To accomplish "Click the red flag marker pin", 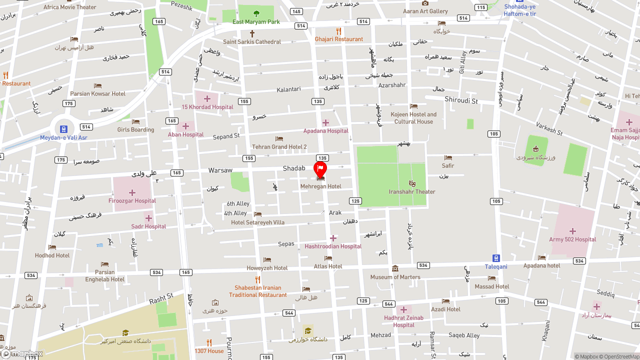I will pyautogui.click(x=320, y=169).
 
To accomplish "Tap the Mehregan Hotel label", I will pyautogui.click(x=320, y=186).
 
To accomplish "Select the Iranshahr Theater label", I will pyautogui.click(x=412, y=192).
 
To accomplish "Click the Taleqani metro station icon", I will pyautogui.click(x=496, y=258).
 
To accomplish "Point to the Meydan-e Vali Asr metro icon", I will pyautogui.click(x=63, y=129).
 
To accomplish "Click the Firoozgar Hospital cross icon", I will pyautogui.click(x=132, y=192).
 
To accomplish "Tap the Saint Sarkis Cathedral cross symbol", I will pyautogui.click(x=252, y=33).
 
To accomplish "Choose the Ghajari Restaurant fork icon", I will pyautogui.click(x=338, y=31).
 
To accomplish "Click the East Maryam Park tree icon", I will pyautogui.click(x=256, y=13).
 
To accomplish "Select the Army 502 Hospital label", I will pyautogui.click(x=572, y=239).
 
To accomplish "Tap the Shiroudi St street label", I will pyautogui.click(x=461, y=101).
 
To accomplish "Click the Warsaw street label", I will pyautogui.click(x=220, y=170).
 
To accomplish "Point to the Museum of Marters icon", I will pyautogui.click(x=395, y=268).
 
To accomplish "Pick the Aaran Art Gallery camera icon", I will pyautogui.click(x=425, y=3).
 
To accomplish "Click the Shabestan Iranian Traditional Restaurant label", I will pyautogui.click(x=258, y=291).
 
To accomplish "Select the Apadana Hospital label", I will pyautogui.click(x=325, y=131).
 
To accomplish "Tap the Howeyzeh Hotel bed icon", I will pyautogui.click(x=267, y=259).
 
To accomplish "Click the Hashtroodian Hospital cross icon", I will pyautogui.click(x=333, y=238).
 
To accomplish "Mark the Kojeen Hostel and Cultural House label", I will pyautogui.click(x=413, y=118).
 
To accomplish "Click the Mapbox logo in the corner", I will pyautogui.click(x=22, y=354).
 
